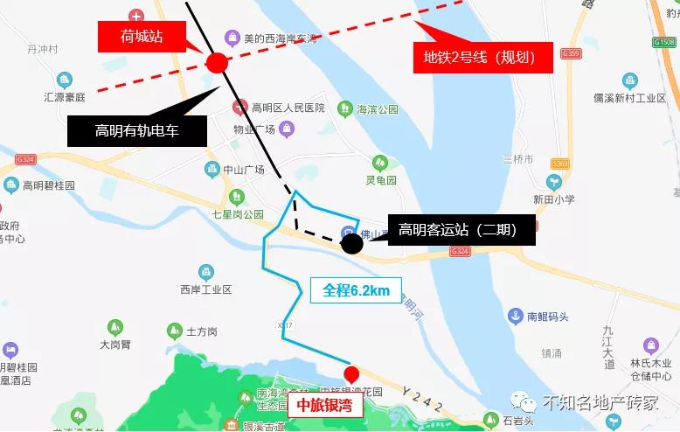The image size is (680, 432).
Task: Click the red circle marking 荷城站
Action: pyautogui.click(x=217, y=62)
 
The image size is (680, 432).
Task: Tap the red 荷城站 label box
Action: pyautogui.click(x=142, y=37)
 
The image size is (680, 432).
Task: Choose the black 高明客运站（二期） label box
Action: pyautogui.click(x=458, y=230)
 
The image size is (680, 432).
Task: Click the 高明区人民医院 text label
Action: pyautogui.click(x=288, y=108)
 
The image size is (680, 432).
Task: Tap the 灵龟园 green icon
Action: pyautogui.click(x=379, y=163)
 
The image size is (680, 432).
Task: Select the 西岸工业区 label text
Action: pyautogui.click(x=205, y=289)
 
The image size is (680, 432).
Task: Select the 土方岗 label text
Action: pyautogui.click(x=202, y=332)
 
